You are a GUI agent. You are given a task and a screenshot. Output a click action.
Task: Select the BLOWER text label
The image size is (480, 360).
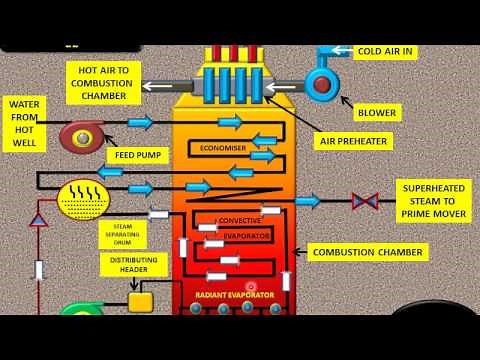pos(375,113)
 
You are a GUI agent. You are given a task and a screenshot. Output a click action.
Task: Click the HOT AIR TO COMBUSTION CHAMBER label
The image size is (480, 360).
pos(104,82)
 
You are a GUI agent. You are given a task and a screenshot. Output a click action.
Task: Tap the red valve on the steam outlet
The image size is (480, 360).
pos(364,201)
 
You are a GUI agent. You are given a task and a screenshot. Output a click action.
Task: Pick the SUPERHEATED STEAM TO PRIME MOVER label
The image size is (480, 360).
pos(434,201)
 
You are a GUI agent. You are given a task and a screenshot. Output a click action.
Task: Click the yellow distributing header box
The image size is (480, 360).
pos(139,301)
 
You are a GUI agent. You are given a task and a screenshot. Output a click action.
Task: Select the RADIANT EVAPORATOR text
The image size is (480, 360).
pos(233,297)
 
